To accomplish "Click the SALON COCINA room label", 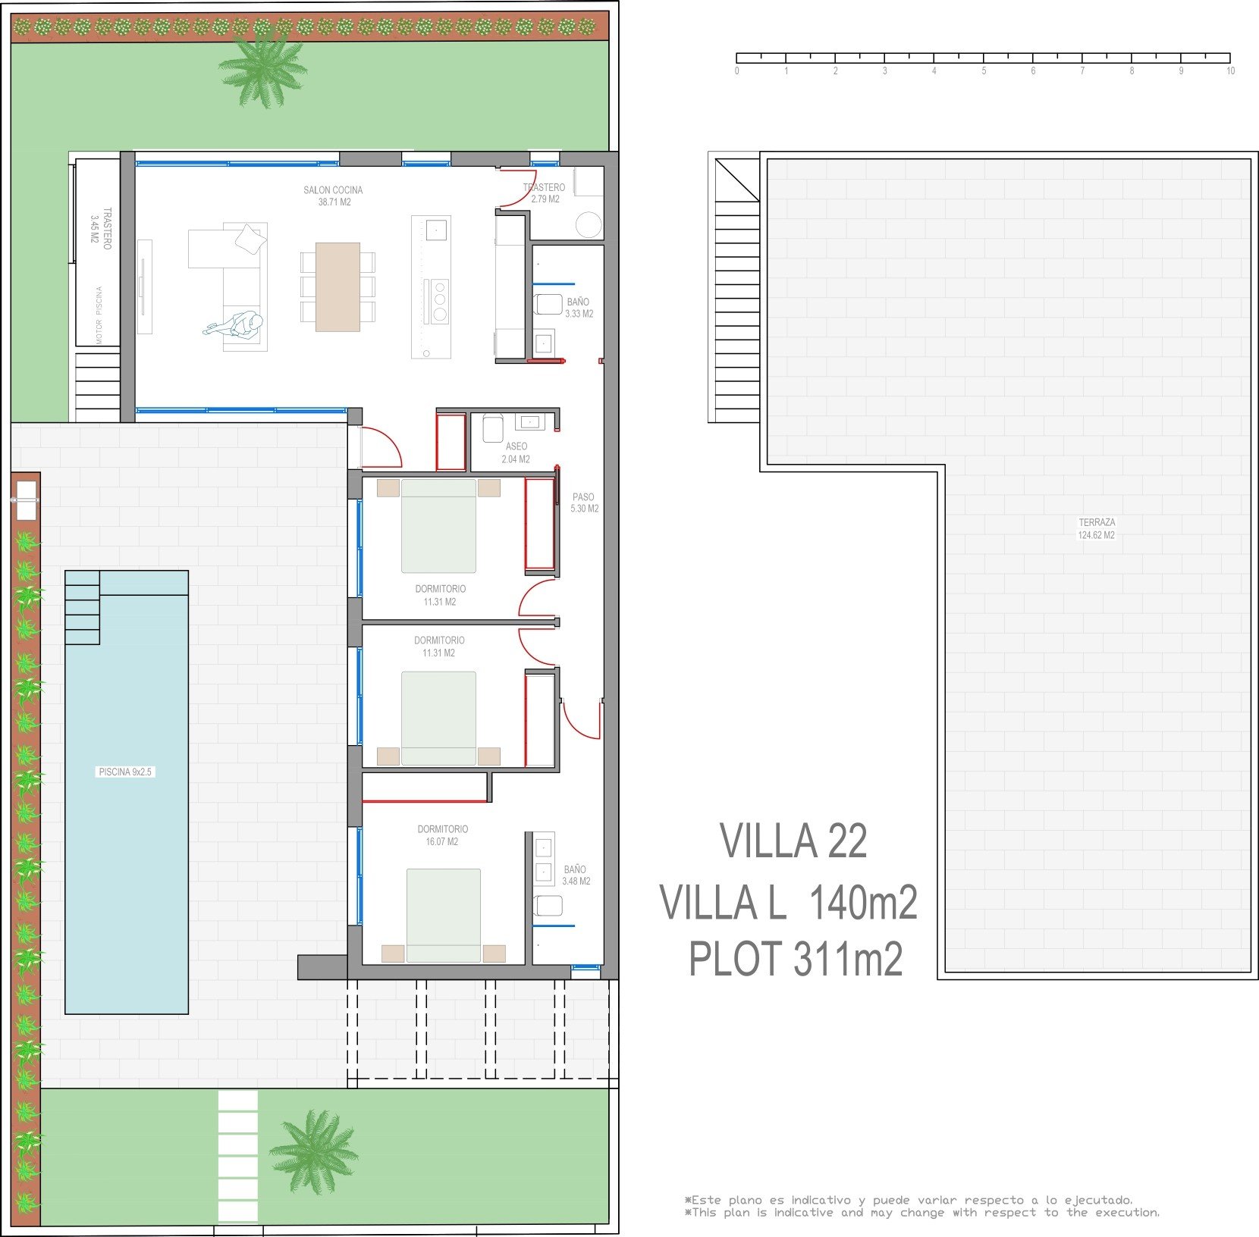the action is pyautogui.click(x=334, y=196).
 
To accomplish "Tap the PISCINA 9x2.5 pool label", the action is pyautogui.click(x=125, y=772).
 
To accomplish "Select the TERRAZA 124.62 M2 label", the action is pyautogui.click(x=1097, y=528).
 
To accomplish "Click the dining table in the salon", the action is pyautogui.click(x=338, y=287).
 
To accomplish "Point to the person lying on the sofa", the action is pyautogui.click(x=234, y=324).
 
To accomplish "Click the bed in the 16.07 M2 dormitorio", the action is pyautogui.click(x=444, y=916).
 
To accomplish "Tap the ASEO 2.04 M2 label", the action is pyautogui.click(x=516, y=453).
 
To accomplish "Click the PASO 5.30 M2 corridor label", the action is pyautogui.click(x=584, y=503).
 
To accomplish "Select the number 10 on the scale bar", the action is pyautogui.click(x=1230, y=71).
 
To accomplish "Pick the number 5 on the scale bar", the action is pyautogui.click(x=984, y=71).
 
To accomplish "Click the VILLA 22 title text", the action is pyautogui.click(x=793, y=841).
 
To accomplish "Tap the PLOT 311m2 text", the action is pyautogui.click(x=796, y=959).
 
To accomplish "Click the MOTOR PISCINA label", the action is pyautogui.click(x=99, y=315).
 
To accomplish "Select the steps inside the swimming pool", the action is pyautogui.click(x=82, y=607).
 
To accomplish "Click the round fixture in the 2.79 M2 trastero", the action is pyautogui.click(x=589, y=224).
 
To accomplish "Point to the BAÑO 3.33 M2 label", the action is pyautogui.click(x=579, y=308).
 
